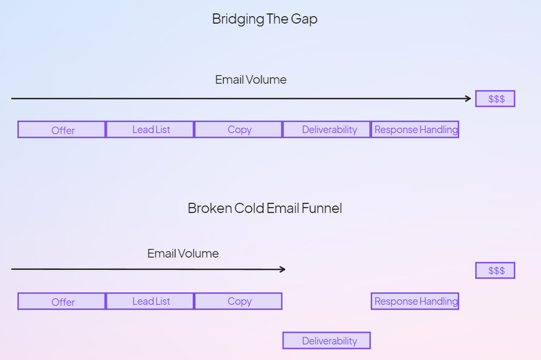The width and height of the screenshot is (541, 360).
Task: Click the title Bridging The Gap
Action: click(x=265, y=19)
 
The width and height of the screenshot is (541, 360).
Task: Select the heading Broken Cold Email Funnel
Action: click(x=265, y=208)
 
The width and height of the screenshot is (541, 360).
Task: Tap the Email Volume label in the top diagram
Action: click(x=250, y=80)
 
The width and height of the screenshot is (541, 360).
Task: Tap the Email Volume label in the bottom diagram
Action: click(x=183, y=254)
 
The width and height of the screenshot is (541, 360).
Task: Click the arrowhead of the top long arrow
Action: click(x=468, y=99)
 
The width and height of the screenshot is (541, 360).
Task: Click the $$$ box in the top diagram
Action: click(x=495, y=99)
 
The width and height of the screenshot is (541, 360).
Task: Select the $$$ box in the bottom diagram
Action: click(x=495, y=271)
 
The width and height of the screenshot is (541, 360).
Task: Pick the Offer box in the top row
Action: click(x=62, y=130)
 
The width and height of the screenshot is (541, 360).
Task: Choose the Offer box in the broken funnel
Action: click(x=62, y=302)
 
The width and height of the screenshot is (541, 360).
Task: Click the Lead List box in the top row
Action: click(x=150, y=130)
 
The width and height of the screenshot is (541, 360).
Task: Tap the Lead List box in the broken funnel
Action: click(x=150, y=302)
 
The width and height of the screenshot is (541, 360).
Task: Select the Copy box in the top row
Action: click(x=238, y=130)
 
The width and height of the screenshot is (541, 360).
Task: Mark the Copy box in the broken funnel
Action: click(x=238, y=302)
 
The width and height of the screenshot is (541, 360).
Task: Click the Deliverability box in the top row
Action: click(x=327, y=130)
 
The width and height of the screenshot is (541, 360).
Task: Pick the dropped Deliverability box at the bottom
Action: click(x=327, y=341)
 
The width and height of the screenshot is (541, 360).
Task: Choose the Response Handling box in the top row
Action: click(x=415, y=130)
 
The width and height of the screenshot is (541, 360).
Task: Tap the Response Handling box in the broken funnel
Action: click(x=415, y=302)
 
